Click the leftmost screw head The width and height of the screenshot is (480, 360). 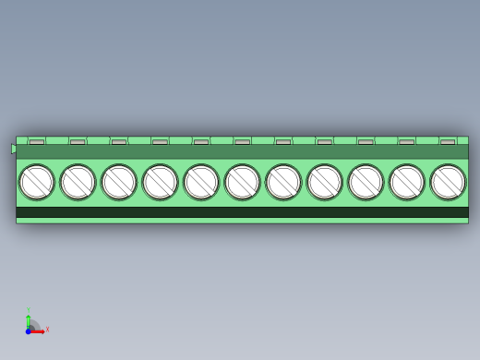click(37, 182)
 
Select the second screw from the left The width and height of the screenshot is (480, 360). click(78, 182)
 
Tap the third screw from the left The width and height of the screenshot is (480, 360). click(119, 182)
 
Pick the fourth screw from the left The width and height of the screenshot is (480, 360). click(160, 182)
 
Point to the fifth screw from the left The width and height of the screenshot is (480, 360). click(201, 182)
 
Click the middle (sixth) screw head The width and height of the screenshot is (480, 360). click(242, 182)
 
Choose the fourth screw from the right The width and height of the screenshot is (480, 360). click(325, 182)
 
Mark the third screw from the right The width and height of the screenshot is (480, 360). click(366, 182)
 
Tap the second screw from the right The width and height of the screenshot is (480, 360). click(407, 182)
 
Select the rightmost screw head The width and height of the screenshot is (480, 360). click(448, 182)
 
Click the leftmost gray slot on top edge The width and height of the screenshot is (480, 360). click(36, 142)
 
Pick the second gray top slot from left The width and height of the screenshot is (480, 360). click(78, 142)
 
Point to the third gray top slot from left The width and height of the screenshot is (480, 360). click(119, 142)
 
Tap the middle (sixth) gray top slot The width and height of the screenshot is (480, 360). click(242, 142)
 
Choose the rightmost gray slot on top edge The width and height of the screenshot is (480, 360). click(448, 142)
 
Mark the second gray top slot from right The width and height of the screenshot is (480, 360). click(407, 142)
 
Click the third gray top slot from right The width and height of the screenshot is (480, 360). click(366, 142)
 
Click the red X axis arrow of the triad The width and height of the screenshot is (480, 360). click(40, 330)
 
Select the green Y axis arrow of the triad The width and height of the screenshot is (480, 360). click(28, 318)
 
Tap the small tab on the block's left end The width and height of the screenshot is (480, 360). click(14, 149)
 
